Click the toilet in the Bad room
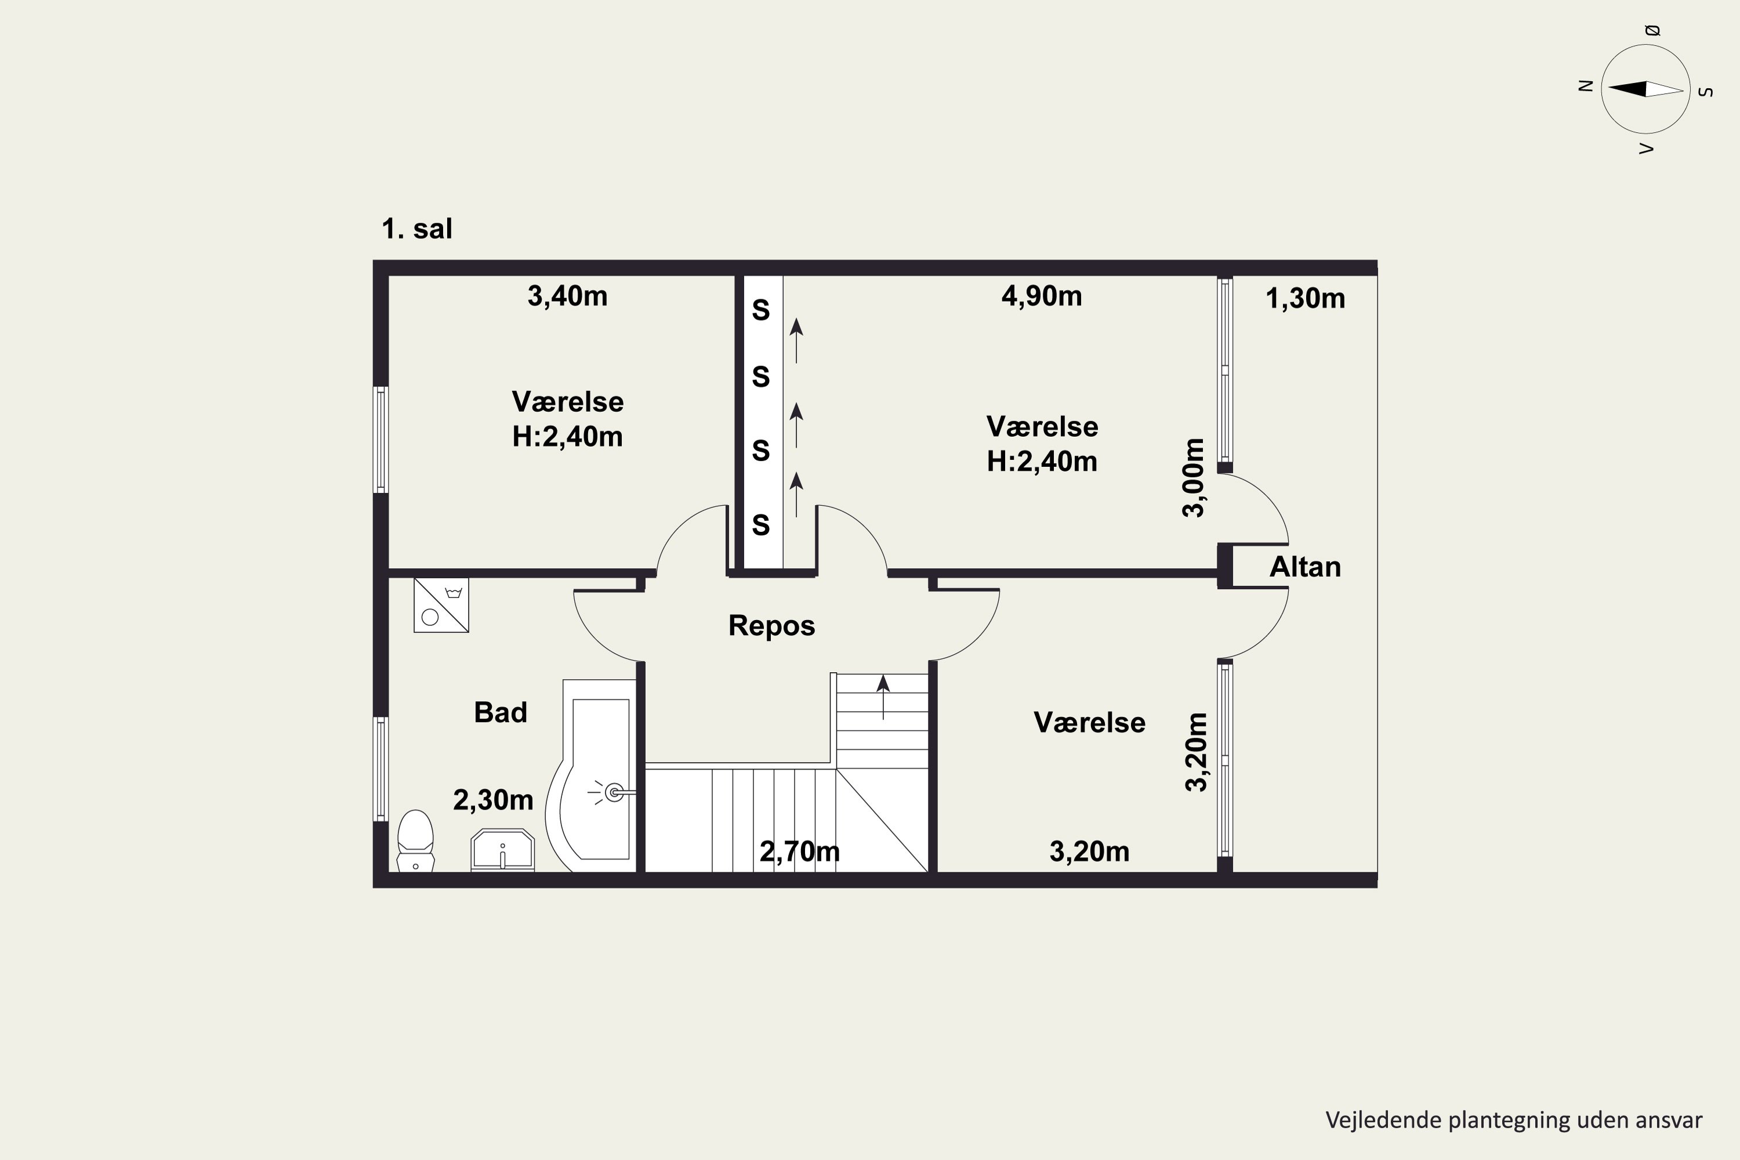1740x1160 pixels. pos(415,841)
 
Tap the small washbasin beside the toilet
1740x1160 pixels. pos(502,850)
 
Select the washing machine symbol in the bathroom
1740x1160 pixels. pos(441,605)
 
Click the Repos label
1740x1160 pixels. pos(771,626)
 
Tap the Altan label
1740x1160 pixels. pos(1305,567)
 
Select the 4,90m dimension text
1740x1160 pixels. pos(1042,296)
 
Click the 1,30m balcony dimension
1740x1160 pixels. pos(1305,298)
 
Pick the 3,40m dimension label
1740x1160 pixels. pos(567,296)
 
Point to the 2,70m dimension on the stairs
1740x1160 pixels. pos(800,851)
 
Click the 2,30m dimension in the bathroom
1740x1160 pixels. pos(494,800)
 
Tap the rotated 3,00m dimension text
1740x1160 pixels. pos(1194,478)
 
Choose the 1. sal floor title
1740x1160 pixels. pos(416,229)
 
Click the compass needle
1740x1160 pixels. pos(1646,89)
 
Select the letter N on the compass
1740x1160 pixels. pos(1585,86)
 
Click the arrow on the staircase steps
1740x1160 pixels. pos(883,697)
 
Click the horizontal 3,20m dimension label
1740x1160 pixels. pos(1090,851)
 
